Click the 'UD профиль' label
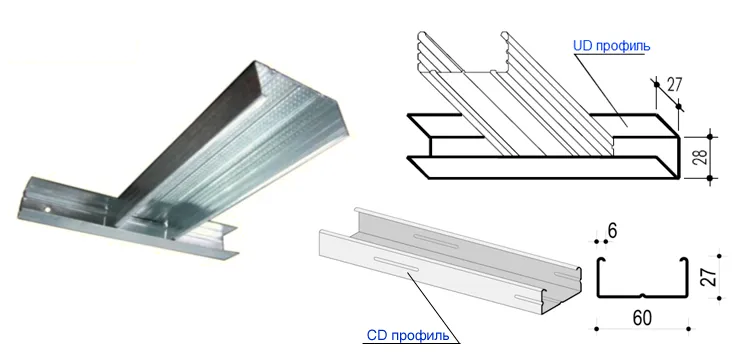pyautogui.click(x=610, y=46)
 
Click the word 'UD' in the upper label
pyautogui.click(x=582, y=46)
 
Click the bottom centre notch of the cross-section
pyautogui.click(x=641, y=297)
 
